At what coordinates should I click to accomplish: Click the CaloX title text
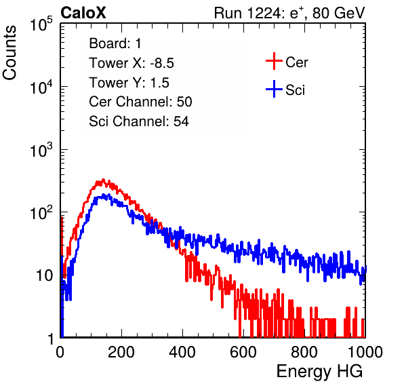(83, 13)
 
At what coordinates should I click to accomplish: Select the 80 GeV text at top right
(338, 13)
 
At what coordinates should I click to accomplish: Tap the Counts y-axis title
(9, 53)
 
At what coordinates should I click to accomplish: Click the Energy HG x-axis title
(319, 372)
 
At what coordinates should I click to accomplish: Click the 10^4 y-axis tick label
(41, 87)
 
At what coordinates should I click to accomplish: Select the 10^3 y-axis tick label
(41, 150)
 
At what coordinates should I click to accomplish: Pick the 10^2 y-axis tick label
(41, 213)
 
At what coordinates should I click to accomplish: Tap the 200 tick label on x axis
(121, 352)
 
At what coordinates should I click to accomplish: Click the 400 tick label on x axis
(182, 352)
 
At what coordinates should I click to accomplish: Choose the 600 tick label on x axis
(243, 352)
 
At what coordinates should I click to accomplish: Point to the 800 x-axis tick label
(304, 352)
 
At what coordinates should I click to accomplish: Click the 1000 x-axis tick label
(365, 352)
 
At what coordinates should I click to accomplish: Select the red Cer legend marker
(274, 61)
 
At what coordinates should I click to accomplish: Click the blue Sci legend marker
(274, 89)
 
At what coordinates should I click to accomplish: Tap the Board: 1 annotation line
(115, 43)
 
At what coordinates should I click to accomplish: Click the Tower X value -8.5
(162, 63)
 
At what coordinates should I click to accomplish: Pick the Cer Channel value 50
(184, 102)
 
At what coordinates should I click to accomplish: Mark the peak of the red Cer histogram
(103, 180)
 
